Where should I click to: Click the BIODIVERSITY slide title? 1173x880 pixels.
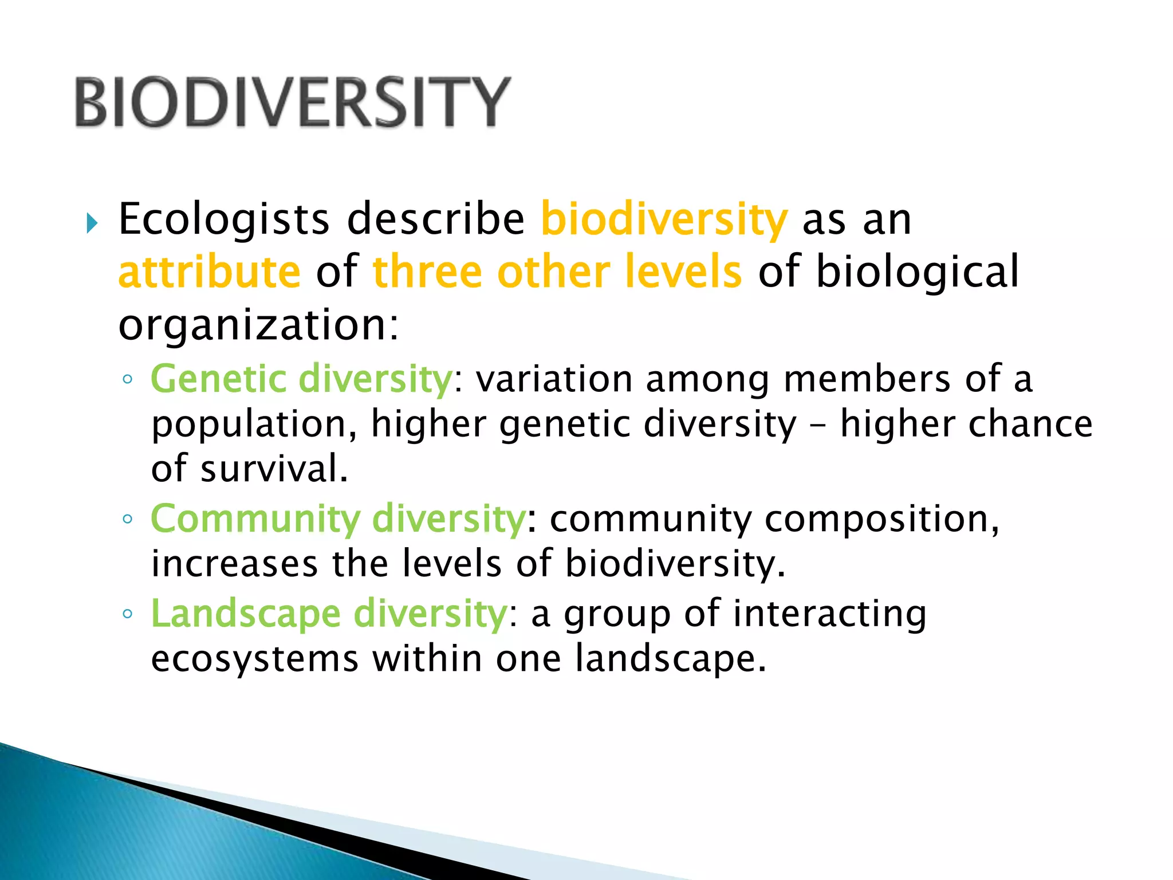pos(292,102)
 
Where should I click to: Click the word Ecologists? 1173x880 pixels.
pos(224,219)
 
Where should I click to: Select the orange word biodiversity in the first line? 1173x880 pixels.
pos(664,219)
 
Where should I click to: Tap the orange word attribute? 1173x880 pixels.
pos(210,272)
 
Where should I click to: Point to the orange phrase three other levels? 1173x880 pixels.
pos(557,272)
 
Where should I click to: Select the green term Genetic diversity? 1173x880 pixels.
pos(302,379)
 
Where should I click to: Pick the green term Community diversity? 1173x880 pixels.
pos(338,519)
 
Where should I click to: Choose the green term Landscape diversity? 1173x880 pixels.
pos(329,614)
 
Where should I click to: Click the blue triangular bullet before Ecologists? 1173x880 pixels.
pos(92,223)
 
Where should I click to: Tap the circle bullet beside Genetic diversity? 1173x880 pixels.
pos(128,379)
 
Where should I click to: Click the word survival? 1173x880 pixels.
pos(274,469)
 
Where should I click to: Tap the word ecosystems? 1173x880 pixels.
pos(255,659)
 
